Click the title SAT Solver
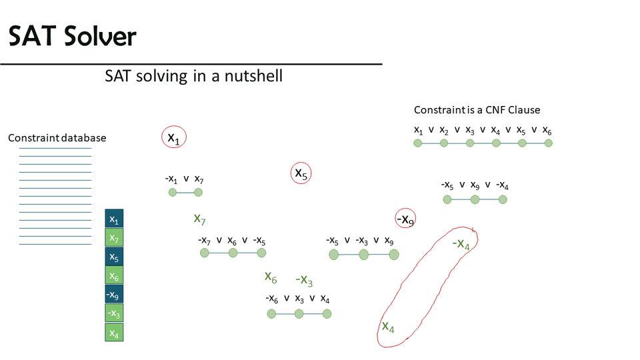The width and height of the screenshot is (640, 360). click(72, 37)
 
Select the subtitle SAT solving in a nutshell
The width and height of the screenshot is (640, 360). click(193, 76)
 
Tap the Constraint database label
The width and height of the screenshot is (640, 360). click(57, 138)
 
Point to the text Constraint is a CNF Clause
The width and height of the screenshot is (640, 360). click(477, 110)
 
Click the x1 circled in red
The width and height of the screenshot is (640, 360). click(174, 137)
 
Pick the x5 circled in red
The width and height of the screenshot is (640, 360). click(301, 173)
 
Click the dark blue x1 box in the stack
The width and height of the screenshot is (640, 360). click(114, 219)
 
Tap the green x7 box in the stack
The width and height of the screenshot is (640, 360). click(114, 238)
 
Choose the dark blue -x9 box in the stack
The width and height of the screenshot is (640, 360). click(114, 294)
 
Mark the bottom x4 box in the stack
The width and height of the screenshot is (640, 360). click(114, 331)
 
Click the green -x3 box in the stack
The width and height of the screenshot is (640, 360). click(114, 313)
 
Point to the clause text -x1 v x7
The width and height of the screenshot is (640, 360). click(184, 179)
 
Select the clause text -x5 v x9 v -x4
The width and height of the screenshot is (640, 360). click(475, 185)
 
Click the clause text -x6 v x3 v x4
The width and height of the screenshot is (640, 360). click(297, 298)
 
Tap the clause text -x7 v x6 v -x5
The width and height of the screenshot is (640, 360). click(231, 240)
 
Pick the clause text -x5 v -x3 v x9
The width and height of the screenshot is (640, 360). click(359, 240)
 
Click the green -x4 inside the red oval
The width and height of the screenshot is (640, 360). click(461, 245)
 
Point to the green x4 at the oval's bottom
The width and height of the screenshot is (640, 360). click(388, 327)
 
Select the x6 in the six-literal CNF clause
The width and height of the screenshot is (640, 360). click(547, 130)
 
